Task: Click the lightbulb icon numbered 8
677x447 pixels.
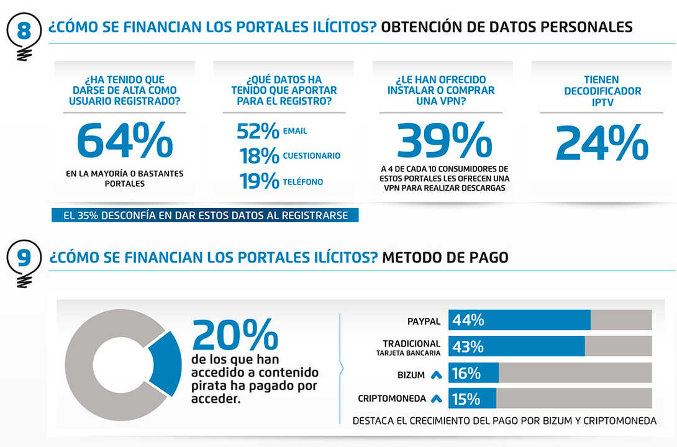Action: (24, 35)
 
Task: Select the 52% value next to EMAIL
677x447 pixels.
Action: (258, 132)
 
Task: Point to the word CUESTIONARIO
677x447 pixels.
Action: (311, 156)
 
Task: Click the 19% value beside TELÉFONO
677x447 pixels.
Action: (259, 181)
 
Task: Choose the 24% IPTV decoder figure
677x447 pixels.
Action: (602, 144)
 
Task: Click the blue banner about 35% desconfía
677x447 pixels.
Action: (205, 215)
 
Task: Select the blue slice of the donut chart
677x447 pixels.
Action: (165, 364)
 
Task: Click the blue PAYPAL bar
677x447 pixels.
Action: (519, 320)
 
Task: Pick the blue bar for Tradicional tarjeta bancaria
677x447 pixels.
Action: (516, 346)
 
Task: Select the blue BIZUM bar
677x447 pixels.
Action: (473, 373)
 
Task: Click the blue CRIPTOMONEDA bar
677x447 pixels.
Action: (472, 399)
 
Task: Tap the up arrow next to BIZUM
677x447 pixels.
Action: (436, 375)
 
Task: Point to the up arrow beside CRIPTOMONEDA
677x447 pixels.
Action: (436, 399)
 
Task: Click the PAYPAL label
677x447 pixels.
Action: (424, 322)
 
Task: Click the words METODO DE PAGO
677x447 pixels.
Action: (445, 257)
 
